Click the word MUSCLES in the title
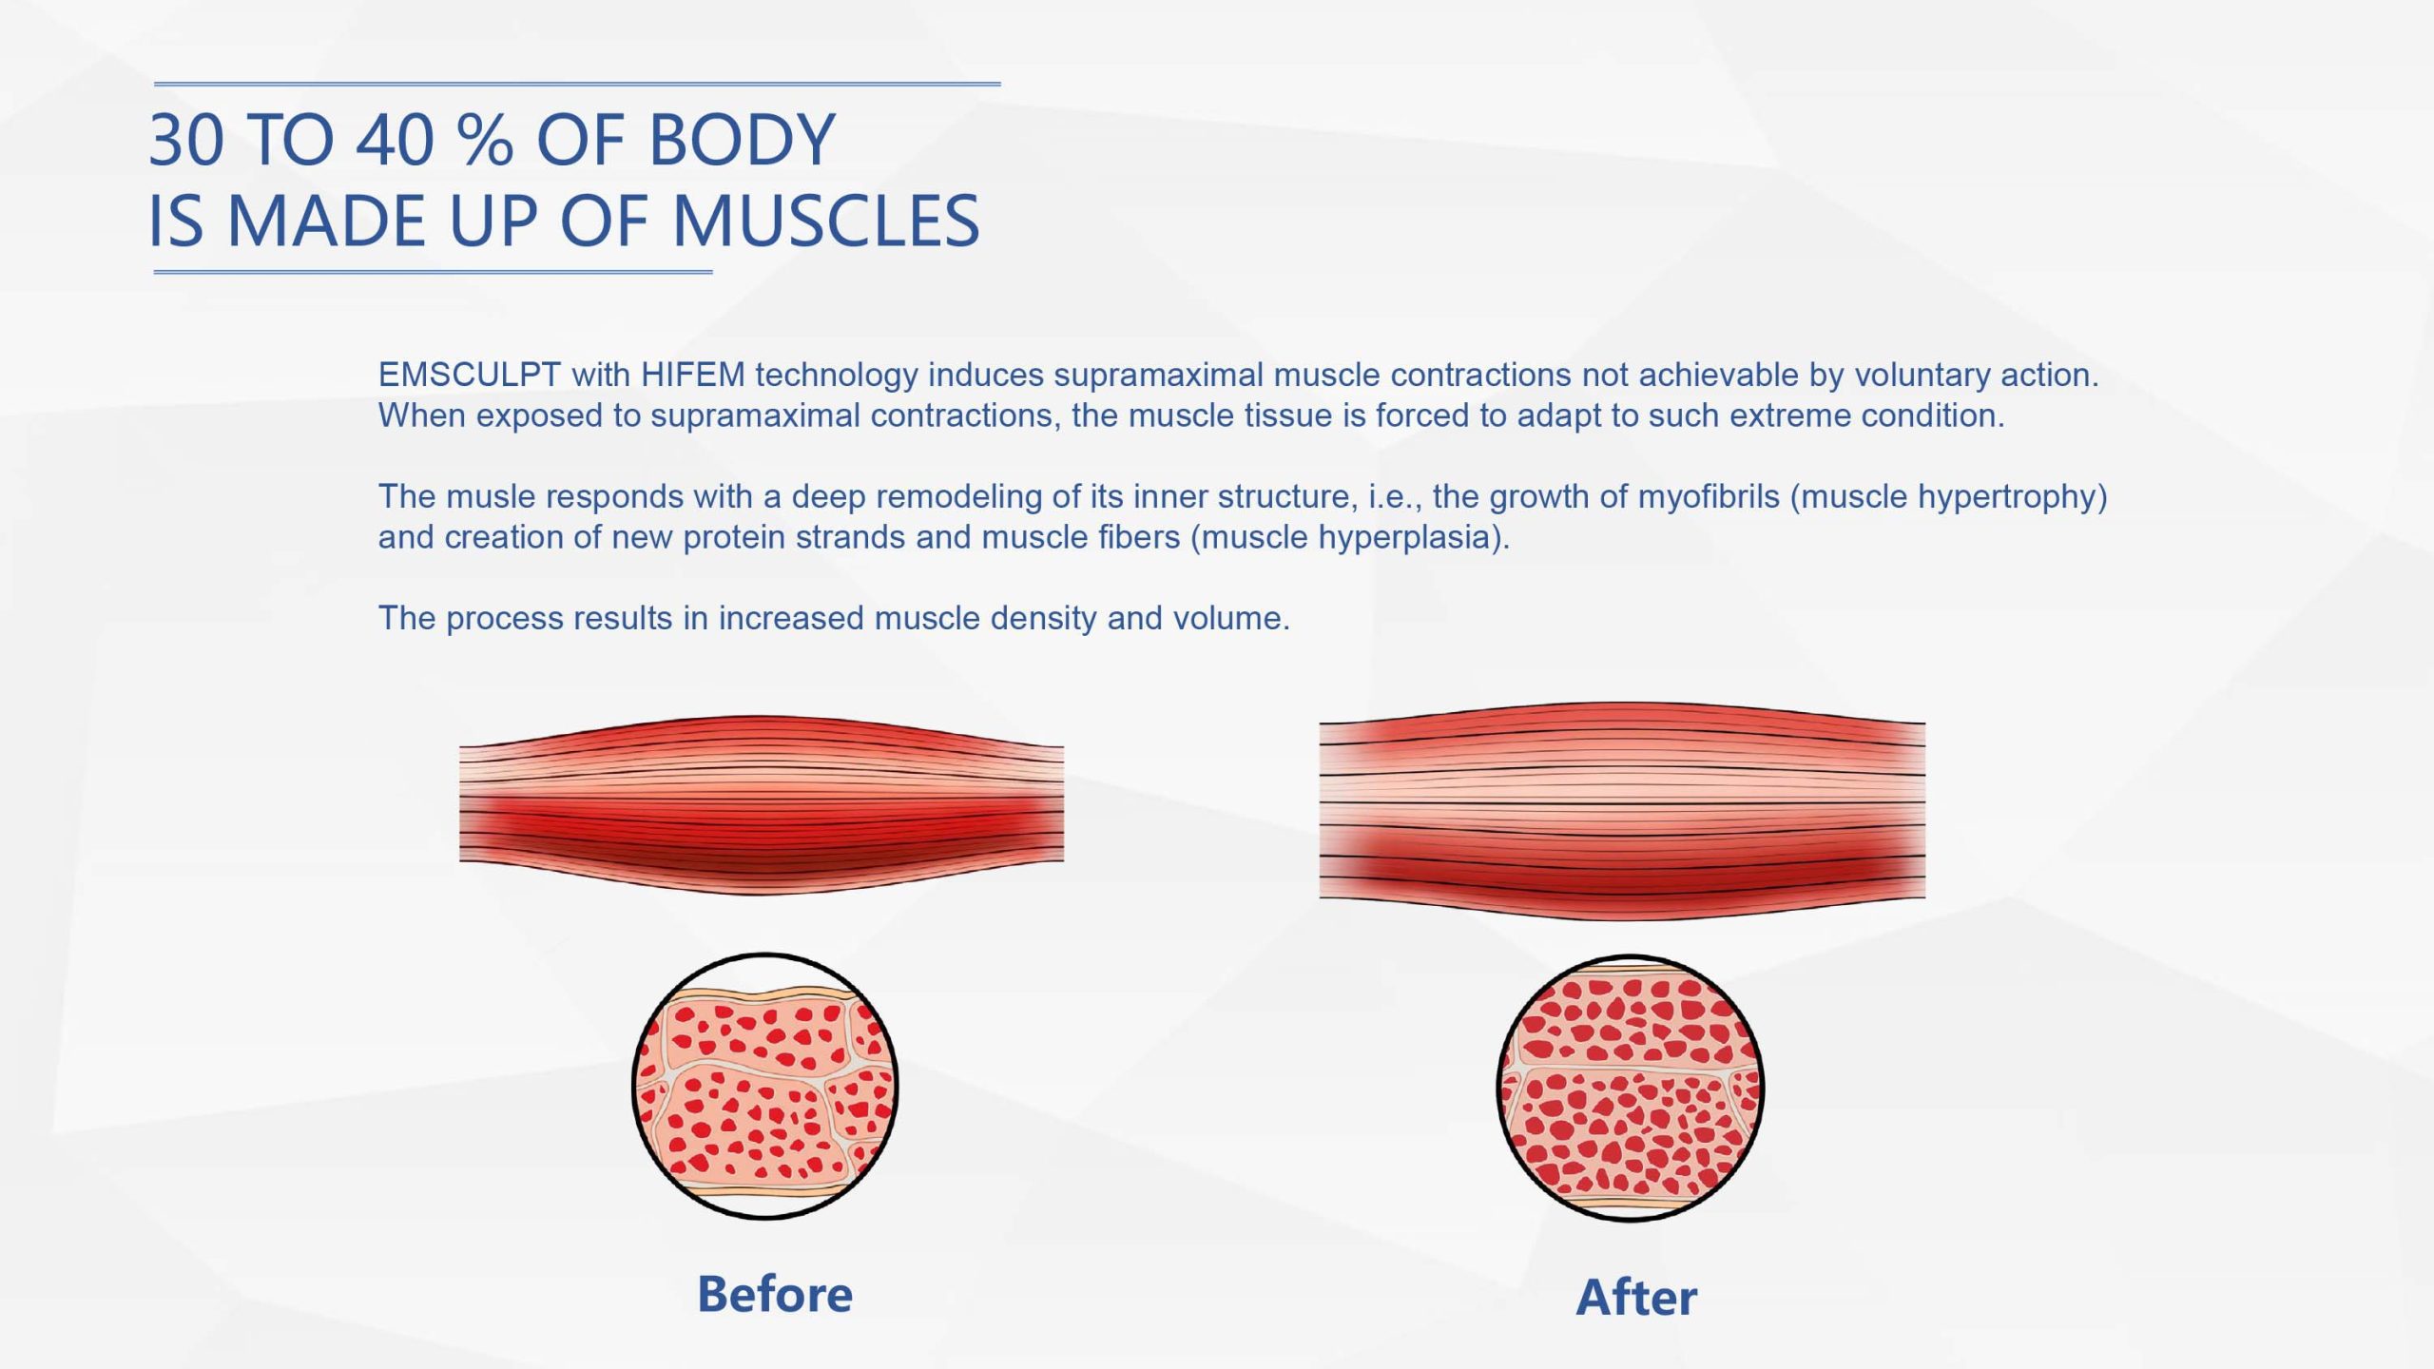(x=825, y=221)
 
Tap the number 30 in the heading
(x=187, y=140)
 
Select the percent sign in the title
(x=485, y=140)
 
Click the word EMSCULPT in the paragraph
(x=470, y=375)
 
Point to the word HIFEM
(x=693, y=375)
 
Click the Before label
(x=775, y=1294)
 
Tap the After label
(x=1636, y=1298)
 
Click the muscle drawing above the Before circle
(x=762, y=804)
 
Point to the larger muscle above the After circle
(x=1622, y=811)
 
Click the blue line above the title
(x=577, y=84)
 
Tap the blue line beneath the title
(x=433, y=272)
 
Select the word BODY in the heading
(x=742, y=140)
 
